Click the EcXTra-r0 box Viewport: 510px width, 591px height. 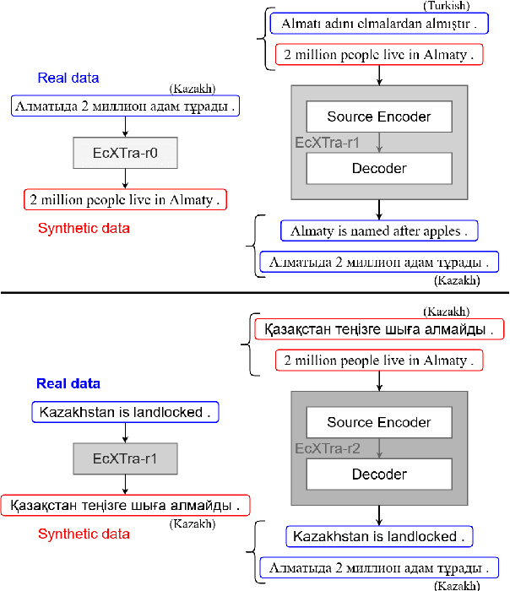pyautogui.click(x=125, y=154)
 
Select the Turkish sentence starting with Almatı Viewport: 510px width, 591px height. pyautogui.click(x=378, y=24)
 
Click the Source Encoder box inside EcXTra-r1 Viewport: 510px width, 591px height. pyautogui.click(x=378, y=117)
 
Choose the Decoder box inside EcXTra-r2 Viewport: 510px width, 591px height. pyautogui.click(x=378, y=474)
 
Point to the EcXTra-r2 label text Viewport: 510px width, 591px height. pyautogui.click(x=327, y=449)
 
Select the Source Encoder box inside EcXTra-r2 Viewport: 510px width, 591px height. pyautogui.click(x=378, y=422)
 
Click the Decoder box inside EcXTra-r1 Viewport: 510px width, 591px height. pyautogui.click(x=378, y=168)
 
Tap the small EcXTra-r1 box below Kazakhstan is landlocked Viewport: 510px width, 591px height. pyautogui.click(x=125, y=459)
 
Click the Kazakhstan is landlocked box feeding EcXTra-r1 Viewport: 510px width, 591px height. pyautogui.click(x=125, y=413)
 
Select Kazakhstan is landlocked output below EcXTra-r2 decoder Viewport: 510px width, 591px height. pyautogui.click(x=378, y=536)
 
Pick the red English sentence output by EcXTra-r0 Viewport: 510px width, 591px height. pyautogui.click(x=125, y=200)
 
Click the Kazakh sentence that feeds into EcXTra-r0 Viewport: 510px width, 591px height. pyautogui.click(x=125, y=106)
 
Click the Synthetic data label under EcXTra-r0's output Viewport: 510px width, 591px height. pyautogui.click(x=84, y=228)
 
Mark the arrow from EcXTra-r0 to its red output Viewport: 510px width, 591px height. pyautogui.click(x=125, y=179)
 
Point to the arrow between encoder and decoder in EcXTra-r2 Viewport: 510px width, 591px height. pyautogui.click(x=378, y=448)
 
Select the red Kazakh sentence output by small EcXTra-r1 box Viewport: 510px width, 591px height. pyautogui.click(x=125, y=506)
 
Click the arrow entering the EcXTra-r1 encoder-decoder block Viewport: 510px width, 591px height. pyautogui.click(x=378, y=77)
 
